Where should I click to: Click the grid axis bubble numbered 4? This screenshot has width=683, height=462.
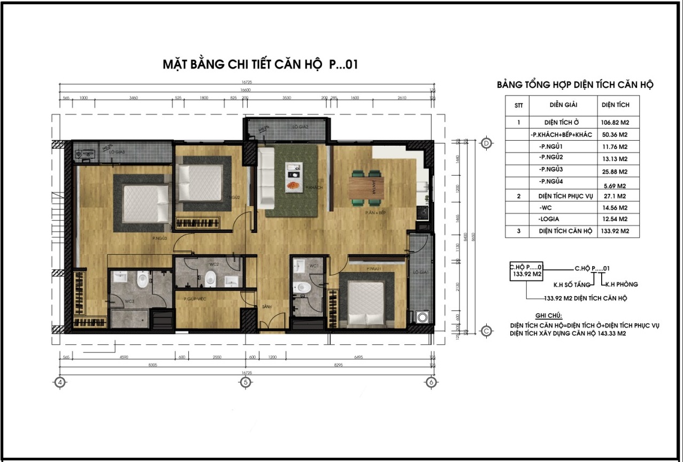click(x=60, y=382)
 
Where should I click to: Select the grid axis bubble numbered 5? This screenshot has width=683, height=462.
click(x=245, y=382)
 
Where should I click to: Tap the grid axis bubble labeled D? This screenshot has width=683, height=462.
click(x=486, y=143)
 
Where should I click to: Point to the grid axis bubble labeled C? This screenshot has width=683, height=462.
click(x=486, y=331)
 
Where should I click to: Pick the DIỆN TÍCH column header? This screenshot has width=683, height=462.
click(x=615, y=105)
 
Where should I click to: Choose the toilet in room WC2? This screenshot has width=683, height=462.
click(x=211, y=277)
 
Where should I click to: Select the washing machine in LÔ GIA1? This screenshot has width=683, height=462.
click(x=423, y=316)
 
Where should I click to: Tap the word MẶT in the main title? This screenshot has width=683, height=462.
click(x=174, y=65)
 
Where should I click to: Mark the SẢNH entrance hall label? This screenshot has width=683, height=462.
click(x=266, y=306)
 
